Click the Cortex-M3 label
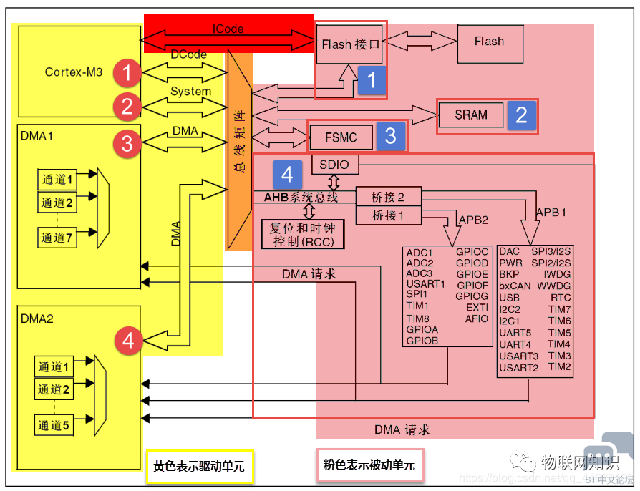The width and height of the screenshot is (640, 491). tap(74, 72)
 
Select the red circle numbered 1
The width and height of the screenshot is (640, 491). tap(127, 72)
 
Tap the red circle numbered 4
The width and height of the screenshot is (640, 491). tap(128, 341)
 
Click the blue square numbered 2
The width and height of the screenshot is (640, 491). tap(521, 115)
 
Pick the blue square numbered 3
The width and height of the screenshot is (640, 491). tap(390, 136)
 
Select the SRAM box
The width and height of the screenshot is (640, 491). tap(471, 115)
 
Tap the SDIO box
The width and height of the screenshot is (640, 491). tap(335, 165)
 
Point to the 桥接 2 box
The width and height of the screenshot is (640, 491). tap(388, 197)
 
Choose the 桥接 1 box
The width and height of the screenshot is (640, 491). tap(388, 215)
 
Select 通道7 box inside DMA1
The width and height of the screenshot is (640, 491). tap(57, 238)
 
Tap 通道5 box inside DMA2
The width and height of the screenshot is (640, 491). tap(54, 426)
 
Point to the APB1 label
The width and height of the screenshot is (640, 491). tap(551, 212)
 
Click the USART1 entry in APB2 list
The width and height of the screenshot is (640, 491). tap(425, 284)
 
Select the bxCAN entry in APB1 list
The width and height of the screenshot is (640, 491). tap(515, 286)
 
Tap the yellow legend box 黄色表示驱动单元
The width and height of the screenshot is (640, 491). tap(199, 466)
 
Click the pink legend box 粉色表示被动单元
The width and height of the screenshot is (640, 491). tap(369, 465)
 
